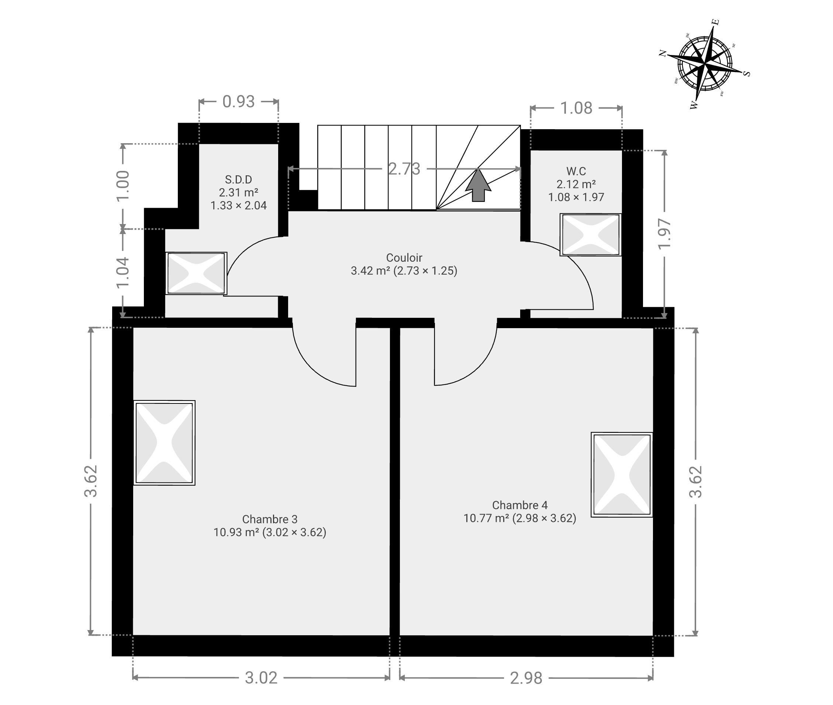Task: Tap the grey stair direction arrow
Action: [x=478, y=185]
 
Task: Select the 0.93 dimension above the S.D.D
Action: [x=239, y=102]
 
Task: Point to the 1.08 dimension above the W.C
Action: [x=576, y=108]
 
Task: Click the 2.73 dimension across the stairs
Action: [x=404, y=169]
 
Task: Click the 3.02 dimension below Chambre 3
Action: [x=261, y=678]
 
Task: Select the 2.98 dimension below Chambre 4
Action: [x=526, y=678]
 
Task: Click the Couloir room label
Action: [x=404, y=258]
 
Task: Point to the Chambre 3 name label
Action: [x=270, y=519]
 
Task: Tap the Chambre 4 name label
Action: [x=520, y=505]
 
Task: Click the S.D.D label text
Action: [x=239, y=179]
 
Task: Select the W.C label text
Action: [x=576, y=171]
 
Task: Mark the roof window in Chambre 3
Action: [x=164, y=443]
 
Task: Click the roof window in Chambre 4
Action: [x=622, y=475]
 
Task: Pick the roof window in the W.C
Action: [x=591, y=235]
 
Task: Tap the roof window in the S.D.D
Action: [x=196, y=274]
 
